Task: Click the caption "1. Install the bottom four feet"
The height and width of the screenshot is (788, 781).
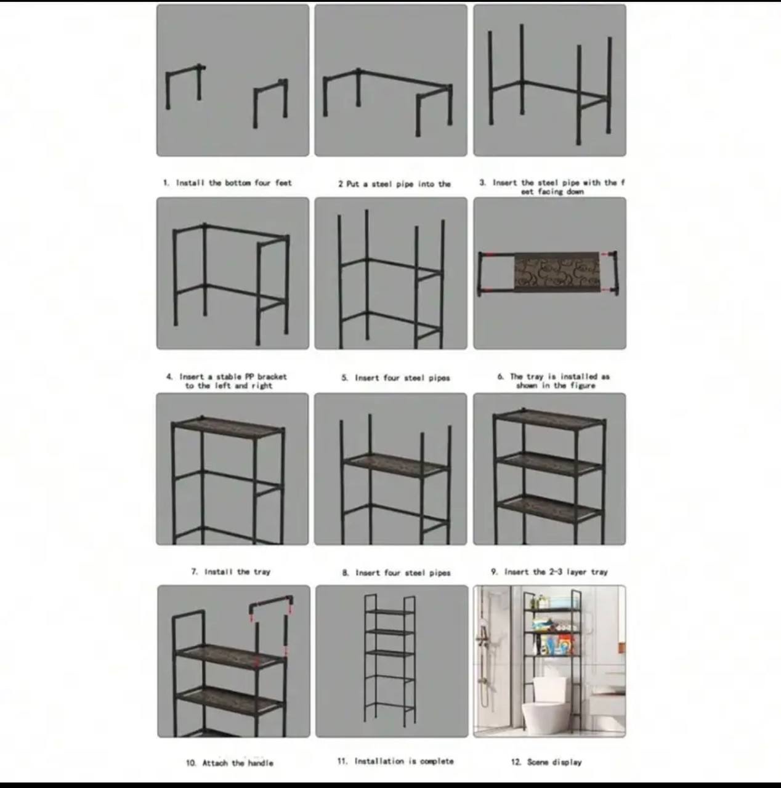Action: (x=228, y=183)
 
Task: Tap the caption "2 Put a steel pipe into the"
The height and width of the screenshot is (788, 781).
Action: (x=394, y=184)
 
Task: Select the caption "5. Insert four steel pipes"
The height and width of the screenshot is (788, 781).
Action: (x=396, y=378)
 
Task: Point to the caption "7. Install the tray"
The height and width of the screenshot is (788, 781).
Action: (x=231, y=572)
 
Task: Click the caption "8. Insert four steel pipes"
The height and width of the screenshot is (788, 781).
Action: (x=396, y=573)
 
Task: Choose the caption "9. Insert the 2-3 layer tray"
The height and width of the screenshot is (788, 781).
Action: (x=549, y=572)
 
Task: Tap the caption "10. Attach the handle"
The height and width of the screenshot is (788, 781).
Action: (x=229, y=763)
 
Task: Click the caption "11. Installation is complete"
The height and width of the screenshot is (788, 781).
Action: (x=395, y=761)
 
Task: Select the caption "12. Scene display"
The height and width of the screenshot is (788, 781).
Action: (x=546, y=762)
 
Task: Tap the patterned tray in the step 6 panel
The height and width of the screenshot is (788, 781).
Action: (x=557, y=270)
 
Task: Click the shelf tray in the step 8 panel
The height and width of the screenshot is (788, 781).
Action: (x=396, y=465)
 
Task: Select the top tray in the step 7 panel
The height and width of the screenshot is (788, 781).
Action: (x=228, y=428)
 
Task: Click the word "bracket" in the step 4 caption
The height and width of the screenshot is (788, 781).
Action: (x=272, y=377)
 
